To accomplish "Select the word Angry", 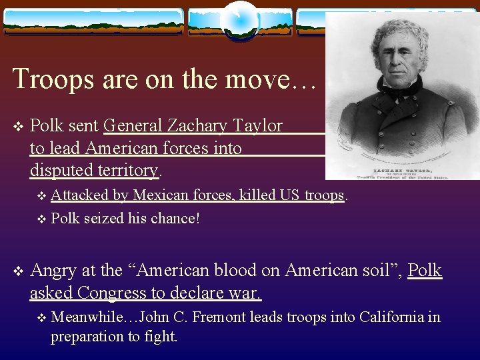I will pyautogui.click(x=53, y=270).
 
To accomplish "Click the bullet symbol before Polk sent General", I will pyautogui.click(x=17, y=126).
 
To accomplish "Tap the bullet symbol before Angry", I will pyautogui.click(x=17, y=271).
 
